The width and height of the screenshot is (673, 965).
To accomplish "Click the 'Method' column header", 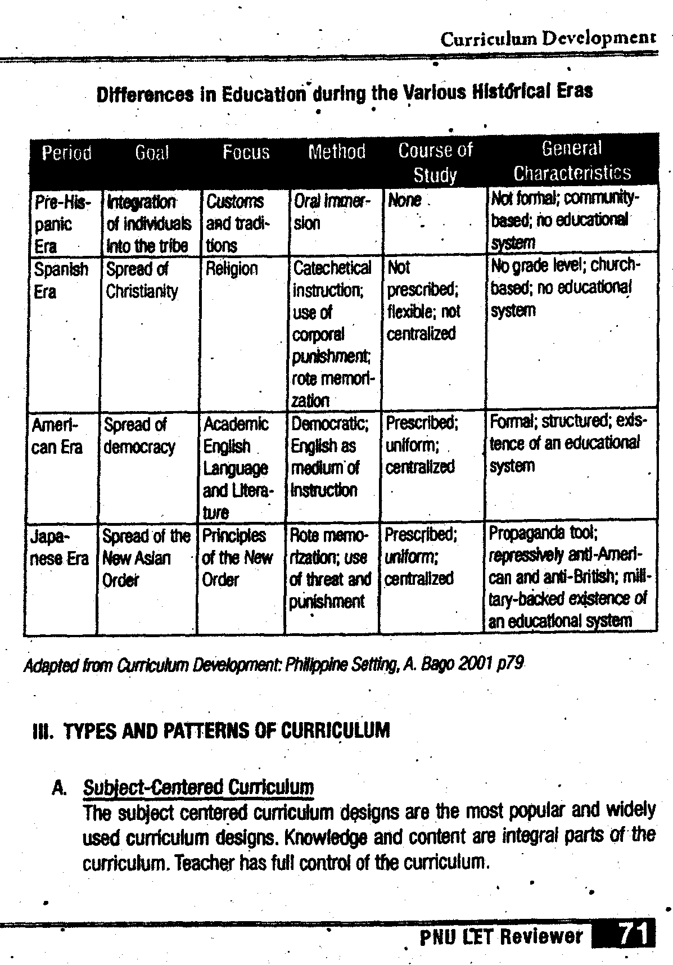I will [x=337, y=151].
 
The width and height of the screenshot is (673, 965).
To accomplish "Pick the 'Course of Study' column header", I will [x=435, y=163].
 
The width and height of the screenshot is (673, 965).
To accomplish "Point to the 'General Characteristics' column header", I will [x=572, y=160].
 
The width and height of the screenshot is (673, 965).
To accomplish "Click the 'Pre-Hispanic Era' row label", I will [x=61, y=224].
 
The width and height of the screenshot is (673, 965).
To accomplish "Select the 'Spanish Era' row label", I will [x=61, y=280].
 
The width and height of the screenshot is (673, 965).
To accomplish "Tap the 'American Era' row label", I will [x=57, y=436].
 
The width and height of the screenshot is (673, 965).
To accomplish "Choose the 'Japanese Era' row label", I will [x=58, y=547].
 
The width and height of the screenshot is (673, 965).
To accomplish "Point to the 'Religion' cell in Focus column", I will [x=231, y=269].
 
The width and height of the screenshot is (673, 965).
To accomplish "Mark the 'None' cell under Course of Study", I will [x=404, y=201].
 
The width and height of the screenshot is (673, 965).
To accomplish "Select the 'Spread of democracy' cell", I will [x=139, y=436].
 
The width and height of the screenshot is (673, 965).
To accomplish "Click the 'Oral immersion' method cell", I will [x=332, y=212].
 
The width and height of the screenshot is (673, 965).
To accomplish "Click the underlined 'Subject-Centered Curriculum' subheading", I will [x=198, y=787].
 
